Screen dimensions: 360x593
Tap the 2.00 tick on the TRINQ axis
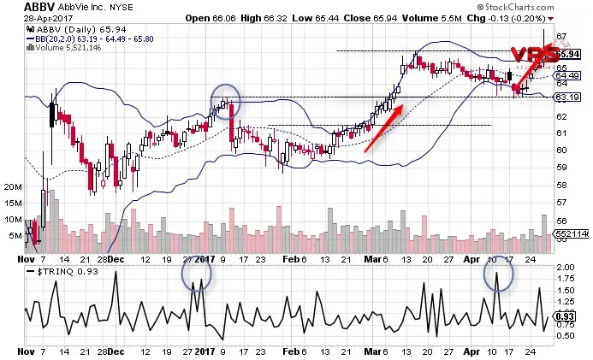[x=564, y=268]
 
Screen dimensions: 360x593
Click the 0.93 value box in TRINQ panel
[x=565, y=317]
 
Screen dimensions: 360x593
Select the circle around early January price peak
[x=225, y=101]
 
